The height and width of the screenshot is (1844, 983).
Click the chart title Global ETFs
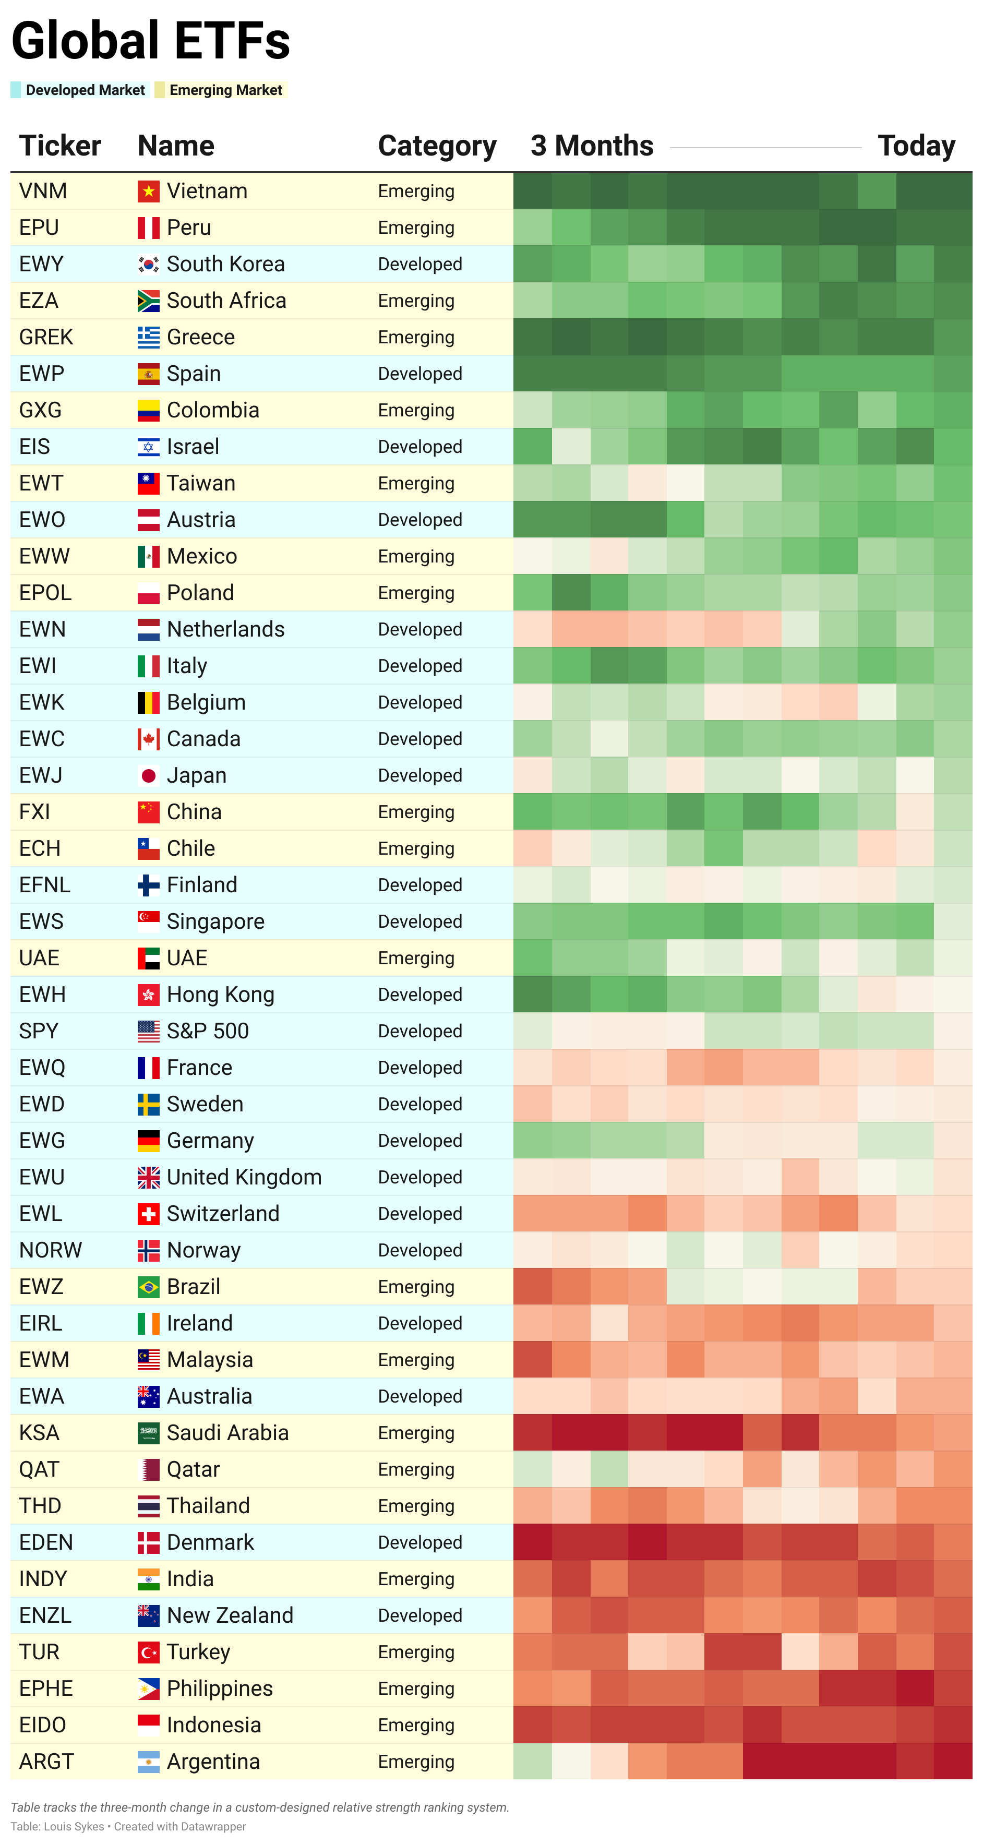[x=150, y=41]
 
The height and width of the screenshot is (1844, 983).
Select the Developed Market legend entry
[x=85, y=90]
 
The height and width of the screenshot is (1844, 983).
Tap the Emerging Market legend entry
[x=225, y=90]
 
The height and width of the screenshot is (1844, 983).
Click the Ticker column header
[x=60, y=146]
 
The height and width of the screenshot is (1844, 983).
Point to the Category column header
[x=437, y=146]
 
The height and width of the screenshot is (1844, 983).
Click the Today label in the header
[x=916, y=146]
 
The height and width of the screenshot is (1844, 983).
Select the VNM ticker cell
[x=43, y=191]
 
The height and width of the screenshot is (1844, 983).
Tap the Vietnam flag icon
[x=148, y=191]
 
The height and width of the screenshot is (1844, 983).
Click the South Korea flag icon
[x=148, y=264]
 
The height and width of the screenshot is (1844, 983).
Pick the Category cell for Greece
[x=416, y=337]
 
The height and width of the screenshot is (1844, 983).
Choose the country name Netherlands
[x=225, y=629]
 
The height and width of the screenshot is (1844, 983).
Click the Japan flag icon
[x=148, y=775]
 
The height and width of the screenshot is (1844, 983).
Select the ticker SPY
[x=39, y=1031]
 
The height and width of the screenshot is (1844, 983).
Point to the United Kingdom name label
[x=244, y=1177]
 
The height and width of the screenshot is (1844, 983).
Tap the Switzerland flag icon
[x=148, y=1213]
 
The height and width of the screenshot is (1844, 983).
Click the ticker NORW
[x=51, y=1250]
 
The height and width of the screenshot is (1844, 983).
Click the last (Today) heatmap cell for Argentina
[x=953, y=1761]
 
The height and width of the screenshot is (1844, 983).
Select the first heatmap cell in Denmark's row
[x=533, y=1542]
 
